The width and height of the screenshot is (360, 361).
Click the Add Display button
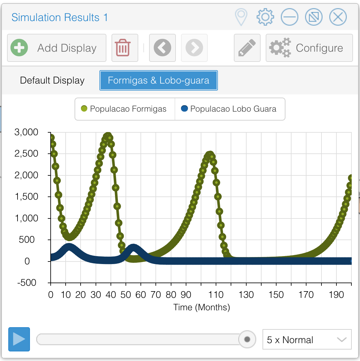click(57, 48)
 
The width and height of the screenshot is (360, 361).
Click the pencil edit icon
click(247, 48)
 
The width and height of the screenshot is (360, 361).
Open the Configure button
click(309, 48)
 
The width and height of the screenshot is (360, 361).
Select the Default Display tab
click(52, 80)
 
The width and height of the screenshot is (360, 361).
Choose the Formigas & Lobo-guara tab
click(158, 80)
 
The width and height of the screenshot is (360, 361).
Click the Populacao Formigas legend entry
click(125, 109)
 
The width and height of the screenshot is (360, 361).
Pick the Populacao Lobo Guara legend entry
click(229, 109)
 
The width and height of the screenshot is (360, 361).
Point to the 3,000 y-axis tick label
click(26, 132)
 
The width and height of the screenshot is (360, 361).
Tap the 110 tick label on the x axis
click(216, 295)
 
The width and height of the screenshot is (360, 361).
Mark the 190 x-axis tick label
click(336, 295)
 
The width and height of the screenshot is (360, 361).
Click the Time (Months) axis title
click(201, 307)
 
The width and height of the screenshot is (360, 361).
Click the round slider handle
click(247, 339)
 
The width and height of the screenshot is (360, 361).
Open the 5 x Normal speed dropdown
click(307, 340)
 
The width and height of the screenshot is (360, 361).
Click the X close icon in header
click(338, 17)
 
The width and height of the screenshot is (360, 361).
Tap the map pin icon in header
click(241, 17)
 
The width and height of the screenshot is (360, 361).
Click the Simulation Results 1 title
click(60, 17)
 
